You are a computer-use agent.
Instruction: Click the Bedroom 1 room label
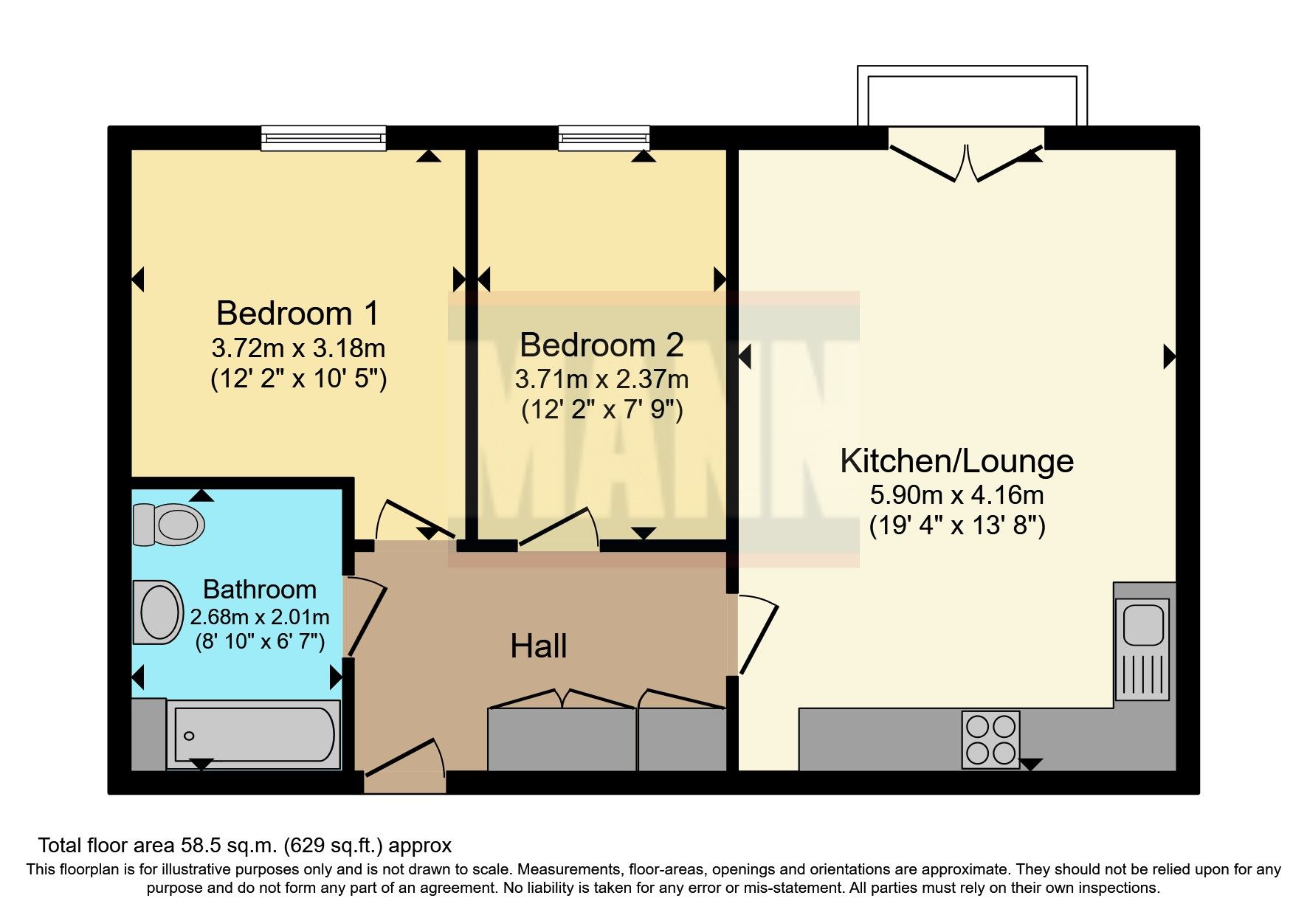[x=297, y=314]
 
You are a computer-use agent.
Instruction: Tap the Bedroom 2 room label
[x=601, y=345]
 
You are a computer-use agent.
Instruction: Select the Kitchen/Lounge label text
[x=957, y=461]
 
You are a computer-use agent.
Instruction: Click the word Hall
[x=539, y=646]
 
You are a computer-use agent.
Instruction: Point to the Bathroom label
[x=260, y=590]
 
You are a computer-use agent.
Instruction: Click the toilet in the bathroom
[x=169, y=525]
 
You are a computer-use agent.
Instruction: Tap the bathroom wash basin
[x=158, y=612]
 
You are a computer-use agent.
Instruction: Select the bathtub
[x=254, y=735]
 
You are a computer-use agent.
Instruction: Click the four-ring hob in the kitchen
[x=991, y=740]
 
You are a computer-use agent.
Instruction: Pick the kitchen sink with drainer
[x=1142, y=649]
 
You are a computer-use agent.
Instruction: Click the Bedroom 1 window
[x=324, y=138]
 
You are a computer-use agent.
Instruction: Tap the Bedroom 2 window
[x=604, y=138]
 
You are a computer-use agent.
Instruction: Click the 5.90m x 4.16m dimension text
[x=957, y=494]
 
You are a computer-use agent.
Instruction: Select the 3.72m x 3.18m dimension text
[x=298, y=348]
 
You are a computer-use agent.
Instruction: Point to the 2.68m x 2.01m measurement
[x=260, y=617]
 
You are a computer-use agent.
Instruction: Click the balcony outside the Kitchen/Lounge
[x=972, y=96]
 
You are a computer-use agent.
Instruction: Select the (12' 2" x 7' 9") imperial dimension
[x=602, y=410]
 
